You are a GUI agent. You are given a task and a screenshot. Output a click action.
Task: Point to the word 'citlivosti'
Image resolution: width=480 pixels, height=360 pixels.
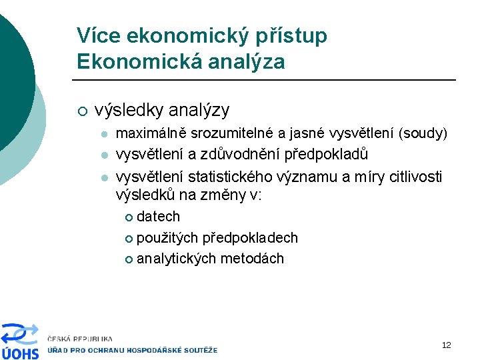pos(413,177)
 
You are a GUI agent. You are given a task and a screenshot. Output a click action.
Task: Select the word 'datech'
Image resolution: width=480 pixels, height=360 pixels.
pos(158,217)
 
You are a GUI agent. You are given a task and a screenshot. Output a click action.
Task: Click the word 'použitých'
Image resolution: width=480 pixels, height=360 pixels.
pos(167,238)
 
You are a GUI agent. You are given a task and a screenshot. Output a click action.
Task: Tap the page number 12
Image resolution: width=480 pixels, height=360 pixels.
pos(446,345)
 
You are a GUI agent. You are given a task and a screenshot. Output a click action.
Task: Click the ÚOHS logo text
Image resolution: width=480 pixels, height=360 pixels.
pos(20,353)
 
